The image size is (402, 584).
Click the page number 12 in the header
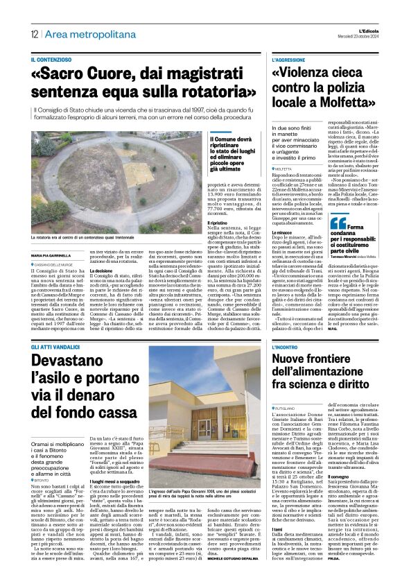tap(33, 34)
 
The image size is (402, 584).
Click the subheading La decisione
tap(101, 270)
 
